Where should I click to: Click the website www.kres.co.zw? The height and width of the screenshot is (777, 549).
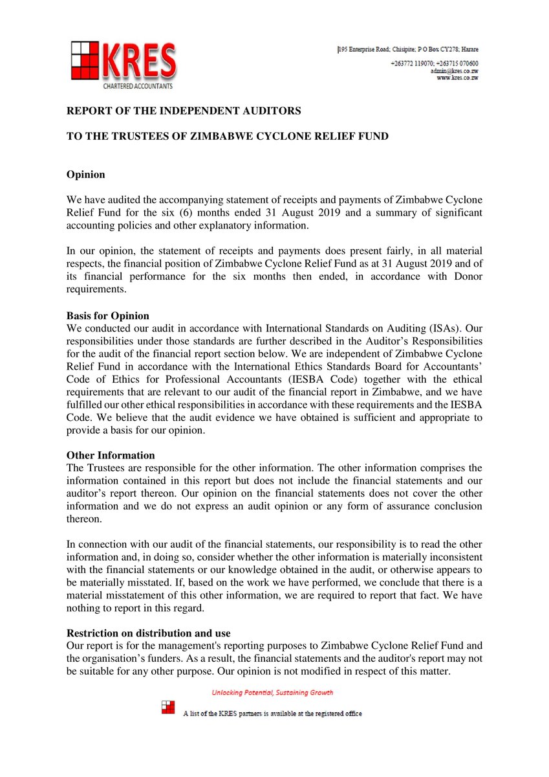(x=457, y=78)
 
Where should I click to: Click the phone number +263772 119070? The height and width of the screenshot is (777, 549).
(x=411, y=63)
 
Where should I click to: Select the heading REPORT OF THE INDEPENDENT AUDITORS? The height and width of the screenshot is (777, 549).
(x=184, y=111)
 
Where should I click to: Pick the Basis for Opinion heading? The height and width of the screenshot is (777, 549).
(x=107, y=316)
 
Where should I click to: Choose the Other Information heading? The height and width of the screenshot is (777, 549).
(x=111, y=455)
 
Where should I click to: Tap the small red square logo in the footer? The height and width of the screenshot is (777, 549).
(x=168, y=706)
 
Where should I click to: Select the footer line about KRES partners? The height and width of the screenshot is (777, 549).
(x=272, y=714)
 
